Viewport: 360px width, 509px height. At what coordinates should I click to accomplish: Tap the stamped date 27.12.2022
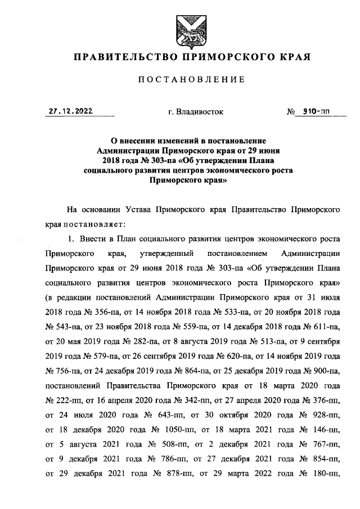pos(70,111)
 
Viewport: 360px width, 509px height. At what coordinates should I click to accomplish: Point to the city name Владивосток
pos(196,112)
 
